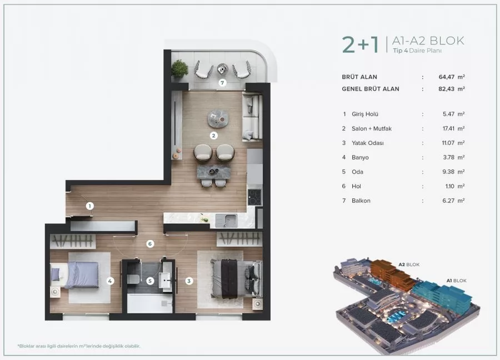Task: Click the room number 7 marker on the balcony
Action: pyautogui.click(x=222, y=83)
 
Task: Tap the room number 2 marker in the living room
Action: pyautogui.click(x=213, y=135)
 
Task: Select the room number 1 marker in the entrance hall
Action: pyautogui.click(x=89, y=206)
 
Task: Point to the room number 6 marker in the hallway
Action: pyautogui.click(x=150, y=243)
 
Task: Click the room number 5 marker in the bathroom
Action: pyautogui.click(x=150, y=281)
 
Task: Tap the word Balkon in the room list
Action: pyautogui.click(x=362, y=201)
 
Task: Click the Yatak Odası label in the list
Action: pyautogui.click(x=367, y=143)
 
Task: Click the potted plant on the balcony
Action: pyautogui.click(x=180, y=69)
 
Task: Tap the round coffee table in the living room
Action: pyautogui.click(x=218, y=117)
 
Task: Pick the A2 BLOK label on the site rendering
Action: pyautogui.click(x=408, y=265)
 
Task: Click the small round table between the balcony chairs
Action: pyautogui.click(x=223, y=69)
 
